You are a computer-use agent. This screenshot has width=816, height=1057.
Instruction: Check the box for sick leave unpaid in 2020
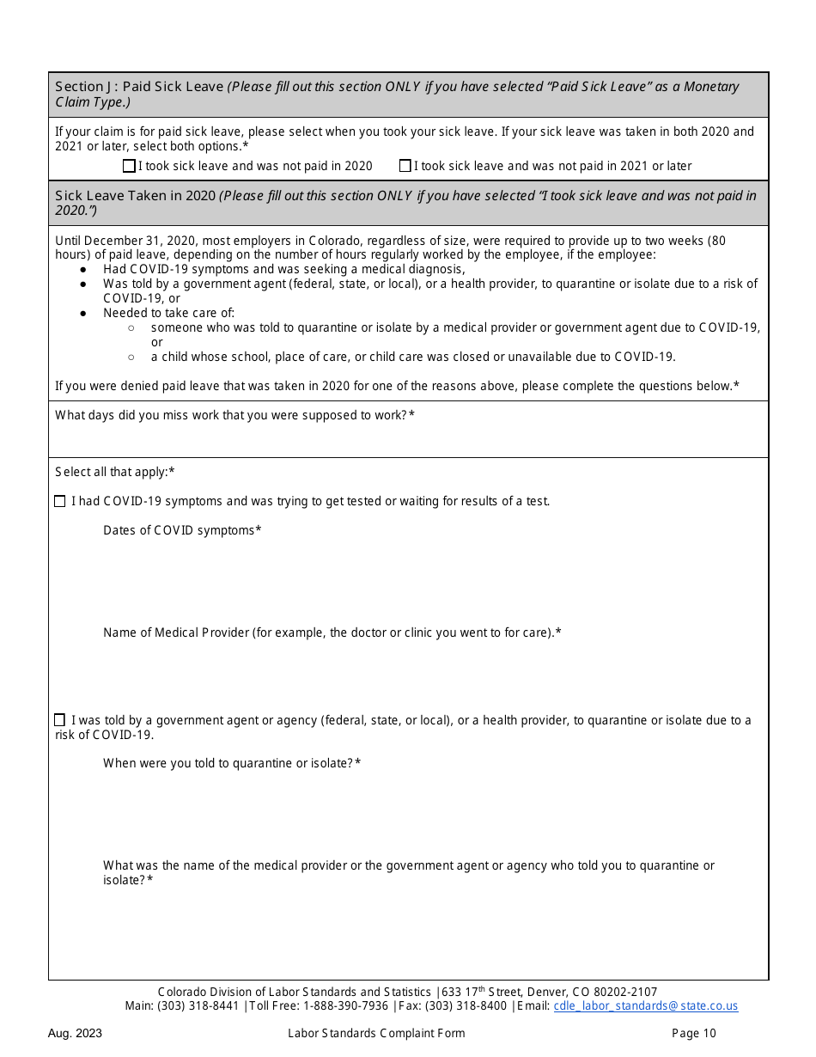point(129,166)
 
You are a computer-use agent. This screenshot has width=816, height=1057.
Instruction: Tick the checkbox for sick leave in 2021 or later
point(405,166)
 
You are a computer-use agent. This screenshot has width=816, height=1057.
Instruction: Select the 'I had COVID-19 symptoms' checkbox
point(59,501)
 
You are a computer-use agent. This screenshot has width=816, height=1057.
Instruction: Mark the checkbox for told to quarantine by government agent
point(59,720)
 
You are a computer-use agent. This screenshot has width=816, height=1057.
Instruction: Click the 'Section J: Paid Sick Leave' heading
point(139,87)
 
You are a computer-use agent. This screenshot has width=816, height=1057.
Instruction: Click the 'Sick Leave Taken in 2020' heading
point(135,196)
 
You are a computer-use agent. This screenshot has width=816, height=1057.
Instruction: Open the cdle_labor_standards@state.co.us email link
point(645,1006)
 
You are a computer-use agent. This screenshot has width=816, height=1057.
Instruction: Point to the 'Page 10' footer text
point(693,1034)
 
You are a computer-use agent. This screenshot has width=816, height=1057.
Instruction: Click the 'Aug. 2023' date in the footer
point(75,1034)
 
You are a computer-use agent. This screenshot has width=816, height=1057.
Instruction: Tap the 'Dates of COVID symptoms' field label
point(182,530)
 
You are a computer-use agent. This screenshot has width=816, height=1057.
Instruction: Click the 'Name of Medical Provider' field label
point(332,632)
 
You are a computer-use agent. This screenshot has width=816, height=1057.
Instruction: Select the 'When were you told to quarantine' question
point(232,763)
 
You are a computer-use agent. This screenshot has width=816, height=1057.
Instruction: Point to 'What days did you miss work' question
point(234,415)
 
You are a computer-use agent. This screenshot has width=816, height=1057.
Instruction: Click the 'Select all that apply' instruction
point(115,472)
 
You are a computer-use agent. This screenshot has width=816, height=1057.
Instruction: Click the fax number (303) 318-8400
point(466,1006)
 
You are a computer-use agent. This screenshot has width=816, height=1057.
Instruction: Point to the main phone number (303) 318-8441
point(198,1006)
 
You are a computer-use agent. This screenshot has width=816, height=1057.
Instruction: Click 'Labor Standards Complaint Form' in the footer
point(376,1034)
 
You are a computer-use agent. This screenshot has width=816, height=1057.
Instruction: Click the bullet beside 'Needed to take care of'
point(82,314)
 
